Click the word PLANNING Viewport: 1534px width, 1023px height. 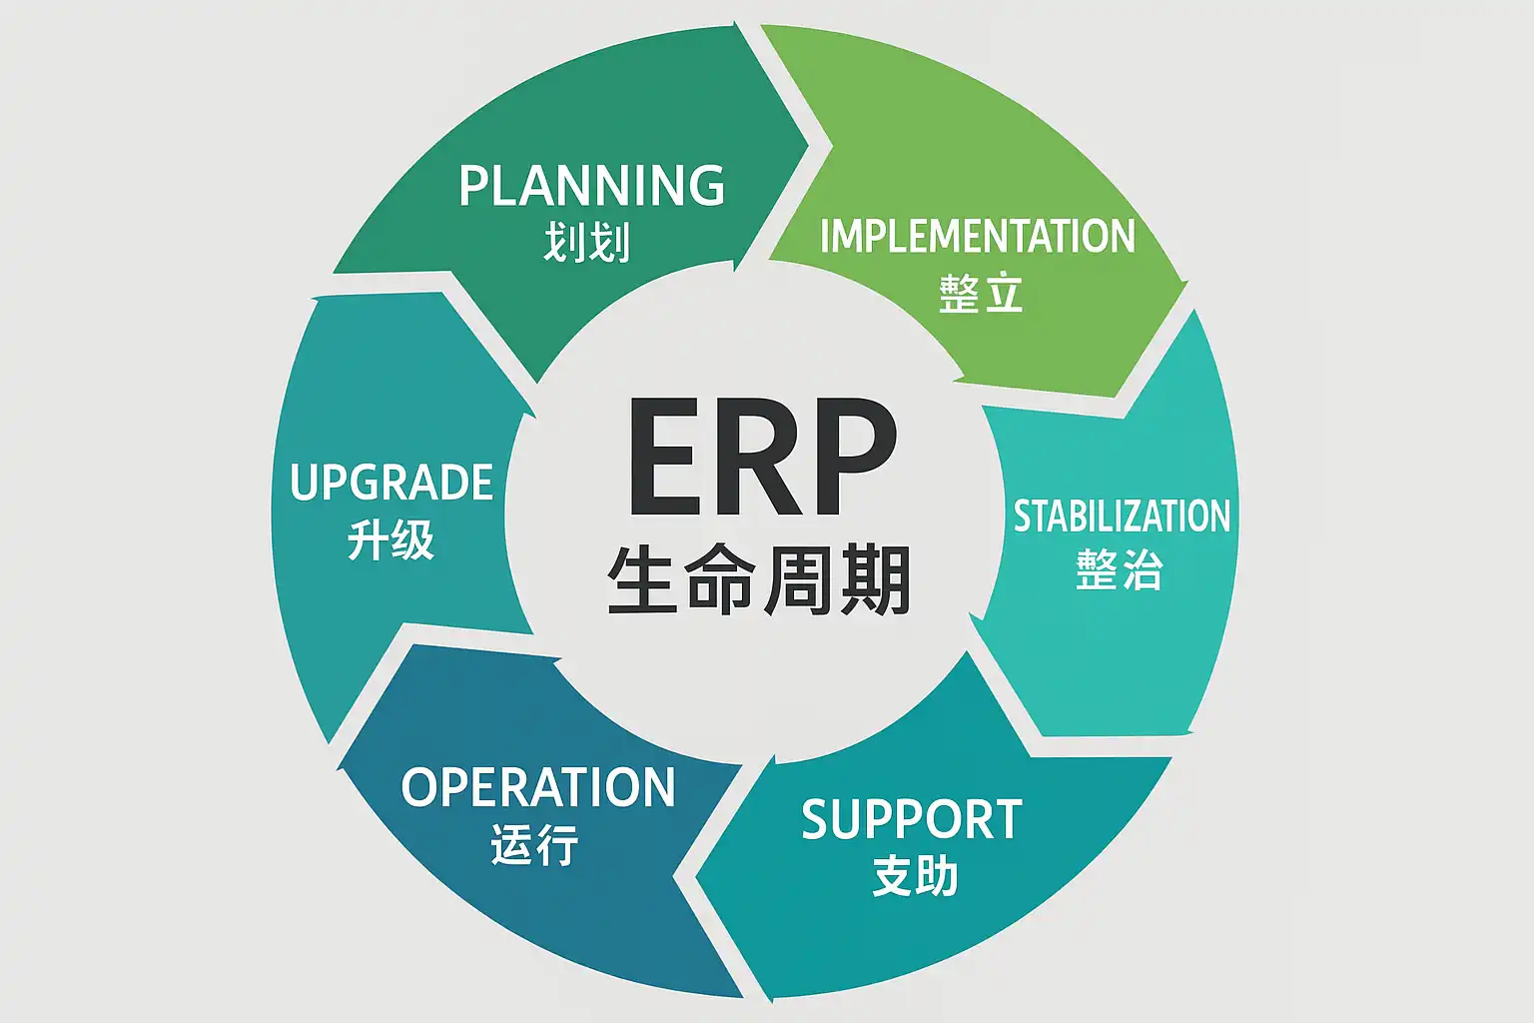[x=592, y=186]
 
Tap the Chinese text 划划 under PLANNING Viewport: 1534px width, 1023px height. [x=587, y=243]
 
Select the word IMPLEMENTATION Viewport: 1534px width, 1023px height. [x=977, y=237]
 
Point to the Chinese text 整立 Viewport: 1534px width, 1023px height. [x=981, y=294]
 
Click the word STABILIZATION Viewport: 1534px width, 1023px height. [x=1122, y=516]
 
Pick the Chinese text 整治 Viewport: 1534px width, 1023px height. [x=1120, y=570]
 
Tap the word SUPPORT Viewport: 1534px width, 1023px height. [x=912, y=820]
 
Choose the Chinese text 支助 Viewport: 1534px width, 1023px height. [x=915, y=876]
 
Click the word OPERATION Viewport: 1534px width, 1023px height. [x=538, y=787]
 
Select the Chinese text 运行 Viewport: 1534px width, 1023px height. [x=534, y=844]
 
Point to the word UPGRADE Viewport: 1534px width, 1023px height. [x=391, y=484]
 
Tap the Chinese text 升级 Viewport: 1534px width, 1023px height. [x=390, y=540]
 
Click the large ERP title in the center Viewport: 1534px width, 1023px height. [x=761, y=459]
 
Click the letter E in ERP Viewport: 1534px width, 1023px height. [x=665, y=459]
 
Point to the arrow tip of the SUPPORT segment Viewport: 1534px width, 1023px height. [x=696, y=878]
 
